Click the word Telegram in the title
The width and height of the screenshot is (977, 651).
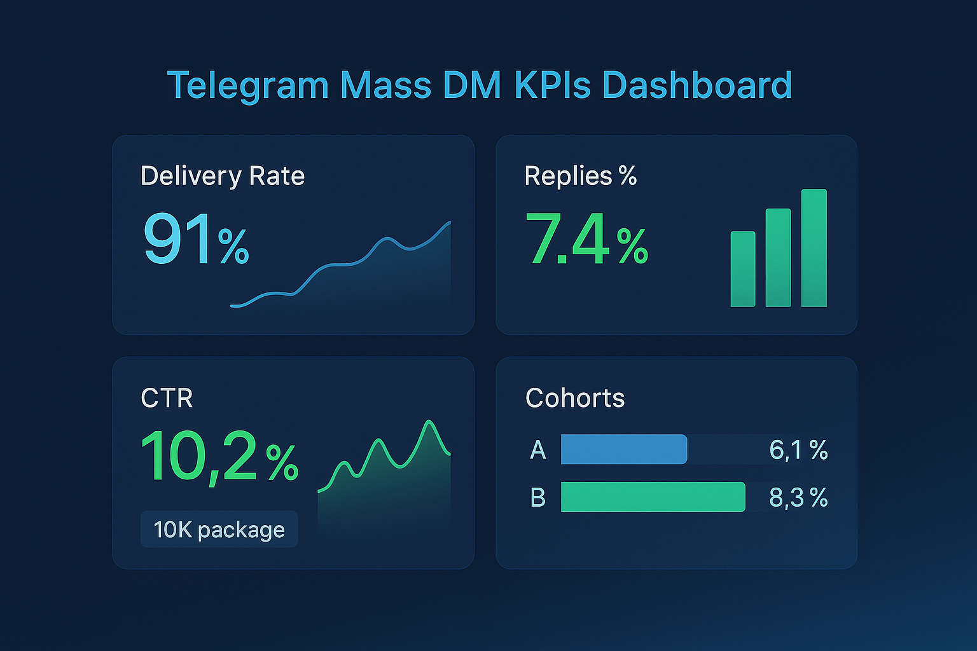247,85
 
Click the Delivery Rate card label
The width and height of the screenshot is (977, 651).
223,176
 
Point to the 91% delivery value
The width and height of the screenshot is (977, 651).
196,240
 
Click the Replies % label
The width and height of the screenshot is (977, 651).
580,176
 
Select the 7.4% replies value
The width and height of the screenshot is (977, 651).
586,240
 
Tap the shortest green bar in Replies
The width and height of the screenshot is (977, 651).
743,270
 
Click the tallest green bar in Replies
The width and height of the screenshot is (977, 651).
814,248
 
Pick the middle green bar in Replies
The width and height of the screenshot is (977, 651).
778,258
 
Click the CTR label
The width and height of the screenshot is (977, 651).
167,399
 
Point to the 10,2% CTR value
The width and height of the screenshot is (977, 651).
219,457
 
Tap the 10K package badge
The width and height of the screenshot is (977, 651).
219,530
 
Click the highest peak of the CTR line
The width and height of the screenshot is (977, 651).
429,422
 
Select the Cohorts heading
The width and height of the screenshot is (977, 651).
575,399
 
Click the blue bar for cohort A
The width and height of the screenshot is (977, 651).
623,449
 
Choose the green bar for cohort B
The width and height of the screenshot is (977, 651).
653,497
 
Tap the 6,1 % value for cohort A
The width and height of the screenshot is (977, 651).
798,450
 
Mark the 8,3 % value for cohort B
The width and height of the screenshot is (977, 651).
798,497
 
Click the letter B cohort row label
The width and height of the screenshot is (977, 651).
538,497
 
